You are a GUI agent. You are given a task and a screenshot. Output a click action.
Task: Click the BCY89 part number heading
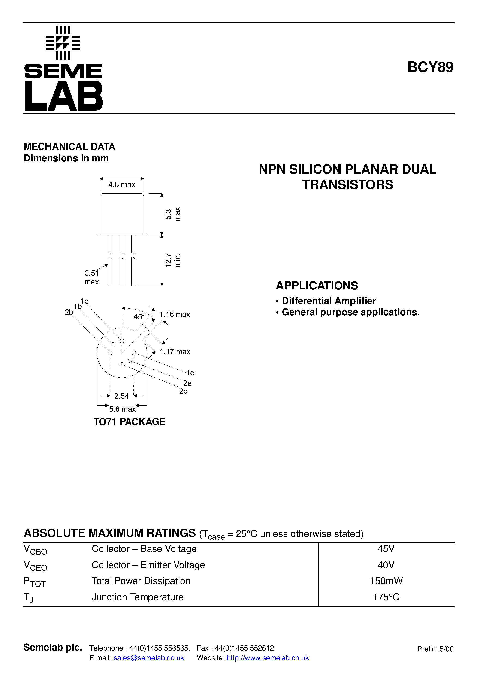(430, 67)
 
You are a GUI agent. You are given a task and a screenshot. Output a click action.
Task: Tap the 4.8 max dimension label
(121, 185)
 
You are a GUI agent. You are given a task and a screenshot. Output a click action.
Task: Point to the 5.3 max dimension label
(172, 214)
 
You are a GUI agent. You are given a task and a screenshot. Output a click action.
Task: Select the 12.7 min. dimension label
(172, 260)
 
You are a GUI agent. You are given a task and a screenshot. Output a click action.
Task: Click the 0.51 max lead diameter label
(91, 277)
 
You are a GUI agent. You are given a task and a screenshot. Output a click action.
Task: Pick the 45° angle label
(139, 317)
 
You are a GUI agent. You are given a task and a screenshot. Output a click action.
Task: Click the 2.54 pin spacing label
(121, 396)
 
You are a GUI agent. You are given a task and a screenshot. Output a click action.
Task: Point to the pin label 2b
(69, 312)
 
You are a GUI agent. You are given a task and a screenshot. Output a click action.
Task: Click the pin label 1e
(190, 373)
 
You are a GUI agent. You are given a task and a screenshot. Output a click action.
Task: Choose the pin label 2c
(183, 391)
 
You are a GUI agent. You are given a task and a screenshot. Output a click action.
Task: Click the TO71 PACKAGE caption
(129, 422)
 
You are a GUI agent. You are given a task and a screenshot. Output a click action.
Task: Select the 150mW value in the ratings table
(386, 581)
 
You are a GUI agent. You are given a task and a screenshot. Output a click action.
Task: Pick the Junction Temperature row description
(137, 597)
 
